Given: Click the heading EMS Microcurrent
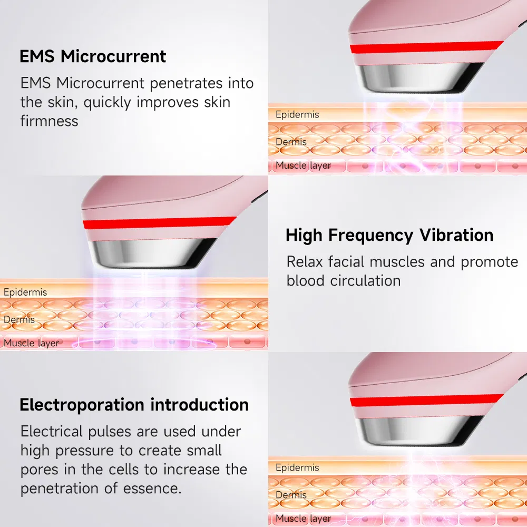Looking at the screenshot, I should pyautogui.click(x=93, y=56).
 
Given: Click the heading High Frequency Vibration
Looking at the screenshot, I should pyautogui.click(x=389, y=235).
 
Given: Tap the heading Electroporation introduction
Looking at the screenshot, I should pyautogui.click(x=134, y=405).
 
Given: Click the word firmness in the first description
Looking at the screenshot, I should pyautogui.click(x=49, y=121).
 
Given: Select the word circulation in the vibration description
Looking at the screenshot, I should pyautogui.click(x=365, y=280).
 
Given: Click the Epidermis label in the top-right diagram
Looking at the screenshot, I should pyautogui.click(x=297, y=114).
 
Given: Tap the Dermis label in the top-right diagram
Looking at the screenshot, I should pyautogui.click(x=291, y=142).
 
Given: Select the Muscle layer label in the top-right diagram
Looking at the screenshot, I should pyautogui.click(x=304, y=165).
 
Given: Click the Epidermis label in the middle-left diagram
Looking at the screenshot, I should pyautogui.click(x=25, y=292).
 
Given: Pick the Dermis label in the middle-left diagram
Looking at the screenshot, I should pyautogui.click(x=19, y=319).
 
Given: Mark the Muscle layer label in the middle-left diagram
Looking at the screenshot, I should pyautogui.click(x=32, y=343).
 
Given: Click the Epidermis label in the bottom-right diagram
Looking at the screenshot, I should pyautogui.click(x=297, y=467).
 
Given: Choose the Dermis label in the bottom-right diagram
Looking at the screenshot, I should pyautogui.click(x=291, y=495).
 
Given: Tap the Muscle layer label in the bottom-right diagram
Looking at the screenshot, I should pyautogui.click(x=304, y=519).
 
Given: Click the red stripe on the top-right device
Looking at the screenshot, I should pyautogui.click(x=427, y=47).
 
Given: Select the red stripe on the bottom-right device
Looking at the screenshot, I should pyautogui.click(x=427, y=401).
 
